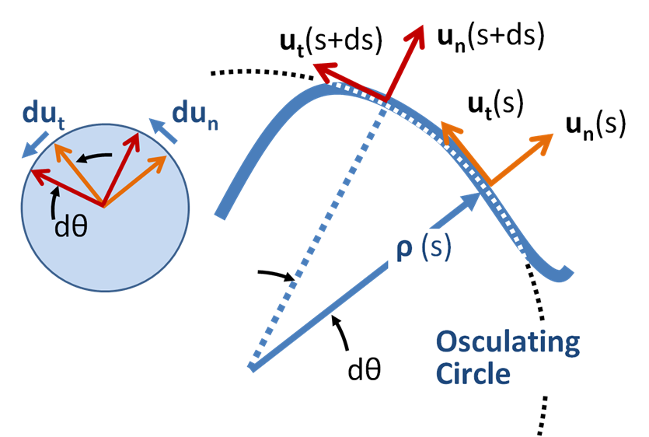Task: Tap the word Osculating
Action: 508,344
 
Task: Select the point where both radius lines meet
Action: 250,367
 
